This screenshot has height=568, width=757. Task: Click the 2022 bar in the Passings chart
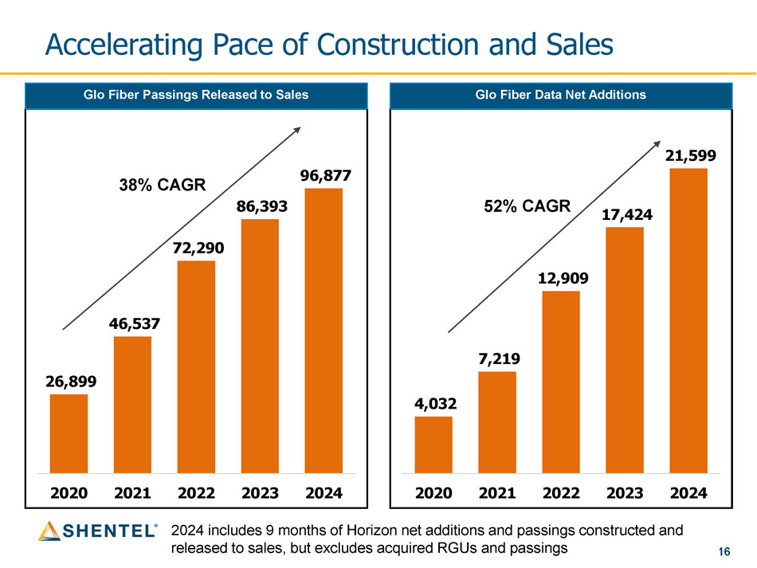pyautogui.click(x=196, y=366)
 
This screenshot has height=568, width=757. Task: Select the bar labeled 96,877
pyautogui.click(x=324, y=331)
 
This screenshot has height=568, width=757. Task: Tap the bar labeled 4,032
pyautogui.click(x=433, y=445)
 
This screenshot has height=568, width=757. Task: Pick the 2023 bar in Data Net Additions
pyautogui.click(x=625, y=351)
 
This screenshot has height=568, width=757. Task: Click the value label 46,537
pyautogui.click(x=132, y=324)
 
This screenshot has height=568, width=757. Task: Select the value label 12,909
pyautogui.click(x=561, y=279)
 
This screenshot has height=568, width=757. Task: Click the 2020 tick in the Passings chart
pyautogui.click(x=69, y=493)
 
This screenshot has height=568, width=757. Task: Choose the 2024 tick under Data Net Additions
pyautogui.click(x=688, y=493)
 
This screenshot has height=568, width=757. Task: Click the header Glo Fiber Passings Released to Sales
pyautogui.click(x=196, y=95)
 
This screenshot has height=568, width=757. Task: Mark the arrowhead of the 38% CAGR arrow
pyautogui.click(x=298, y=129)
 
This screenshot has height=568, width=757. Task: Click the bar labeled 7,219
pyautogui.click(x=497, y=422)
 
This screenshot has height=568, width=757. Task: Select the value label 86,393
pyautogui.click(x=260, y=206)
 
